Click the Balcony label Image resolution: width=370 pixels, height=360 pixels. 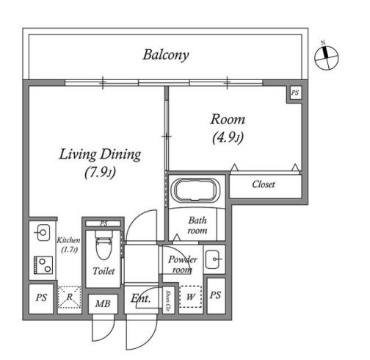click(166, 55)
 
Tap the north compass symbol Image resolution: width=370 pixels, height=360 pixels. click(327, 57)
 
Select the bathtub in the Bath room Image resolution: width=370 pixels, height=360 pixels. click(195, 190)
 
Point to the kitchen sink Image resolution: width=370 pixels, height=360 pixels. click(43, 233)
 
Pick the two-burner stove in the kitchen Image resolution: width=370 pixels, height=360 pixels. click(43, 265)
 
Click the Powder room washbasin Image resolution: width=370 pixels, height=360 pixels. click(214, 259)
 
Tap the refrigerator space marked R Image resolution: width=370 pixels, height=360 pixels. click(70, 297)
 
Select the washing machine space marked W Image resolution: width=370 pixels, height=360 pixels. click(190, 297)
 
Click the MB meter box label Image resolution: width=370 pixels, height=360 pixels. click(103, 304)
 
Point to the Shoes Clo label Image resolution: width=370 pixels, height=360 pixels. click(168, 300)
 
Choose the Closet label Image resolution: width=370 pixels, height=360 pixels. click(264, 184)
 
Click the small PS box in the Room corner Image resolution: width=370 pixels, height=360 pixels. click(295, 93)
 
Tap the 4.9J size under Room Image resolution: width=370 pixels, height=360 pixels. click(228, 138)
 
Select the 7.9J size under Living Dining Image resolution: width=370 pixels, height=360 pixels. click(100, 173)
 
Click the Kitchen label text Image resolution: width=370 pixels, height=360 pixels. click(68, 240)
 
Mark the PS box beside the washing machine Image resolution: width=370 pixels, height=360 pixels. click(216, 295)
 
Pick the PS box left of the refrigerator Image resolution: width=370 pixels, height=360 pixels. click(41, 298)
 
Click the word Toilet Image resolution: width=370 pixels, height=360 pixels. click(104, 271)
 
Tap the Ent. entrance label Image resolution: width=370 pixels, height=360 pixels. click(140, 298)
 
